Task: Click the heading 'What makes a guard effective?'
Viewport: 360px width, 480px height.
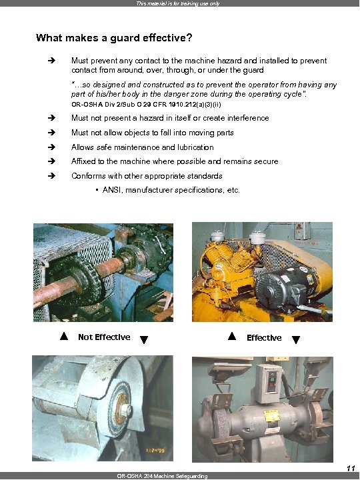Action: coord(114,38)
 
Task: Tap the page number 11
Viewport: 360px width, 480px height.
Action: coord(351,469)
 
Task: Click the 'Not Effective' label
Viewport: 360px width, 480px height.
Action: coord(104,337)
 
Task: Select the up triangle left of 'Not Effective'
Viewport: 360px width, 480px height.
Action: coord(64,336)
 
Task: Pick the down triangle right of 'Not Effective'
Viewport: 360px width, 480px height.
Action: coord(144,339)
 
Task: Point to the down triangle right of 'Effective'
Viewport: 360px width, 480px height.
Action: coord(296,339)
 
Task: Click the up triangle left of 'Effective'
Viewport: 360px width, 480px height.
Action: coord(232,336)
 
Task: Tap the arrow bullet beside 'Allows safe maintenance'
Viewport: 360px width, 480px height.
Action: coord(51,147)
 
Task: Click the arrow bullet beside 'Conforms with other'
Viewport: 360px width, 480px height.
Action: coord(51,176)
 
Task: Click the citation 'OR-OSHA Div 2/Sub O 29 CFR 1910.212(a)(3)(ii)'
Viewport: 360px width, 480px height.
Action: coord(146,105)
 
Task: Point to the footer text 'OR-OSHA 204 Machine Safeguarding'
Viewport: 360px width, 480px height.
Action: coord(162,476)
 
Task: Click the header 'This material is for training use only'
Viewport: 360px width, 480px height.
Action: coord(178,3)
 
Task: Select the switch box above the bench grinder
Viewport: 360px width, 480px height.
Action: coord(269,383)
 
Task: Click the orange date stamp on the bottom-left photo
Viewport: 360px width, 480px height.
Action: coord(155,450)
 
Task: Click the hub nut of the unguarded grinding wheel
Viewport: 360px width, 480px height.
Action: coord(127,410)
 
